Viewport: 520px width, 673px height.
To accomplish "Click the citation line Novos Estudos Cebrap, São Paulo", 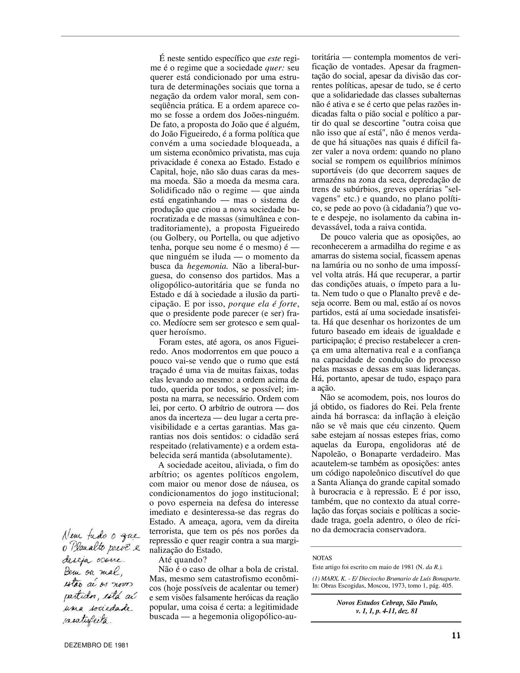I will [x=387, y=602].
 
